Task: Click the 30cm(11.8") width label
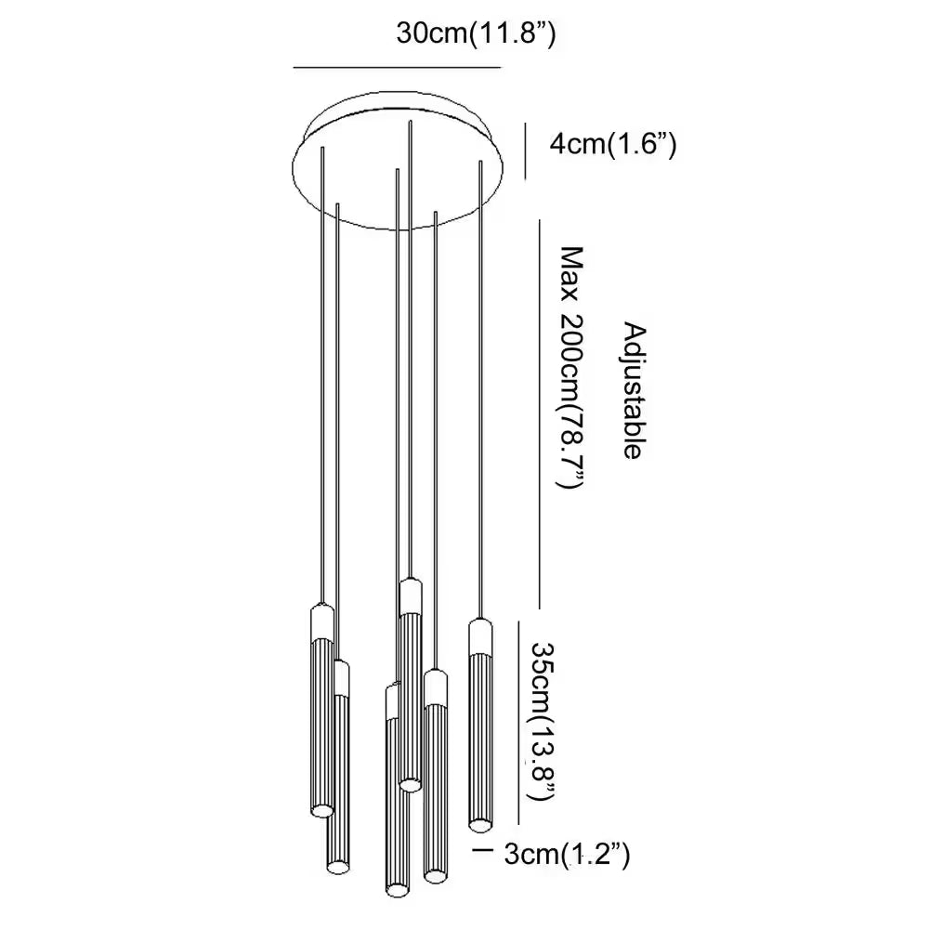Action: click(476, 33)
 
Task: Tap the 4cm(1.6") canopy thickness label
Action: click(612, 144)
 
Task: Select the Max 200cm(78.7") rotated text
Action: click(570, 367)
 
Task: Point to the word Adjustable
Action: click(634, 391)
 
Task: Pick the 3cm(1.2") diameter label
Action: click(567, 855)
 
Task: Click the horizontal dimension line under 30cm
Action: click(397, 68)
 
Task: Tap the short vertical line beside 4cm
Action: click(525, 150)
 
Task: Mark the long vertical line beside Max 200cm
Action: click(539, 413)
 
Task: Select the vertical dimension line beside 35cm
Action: click(519, 722)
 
